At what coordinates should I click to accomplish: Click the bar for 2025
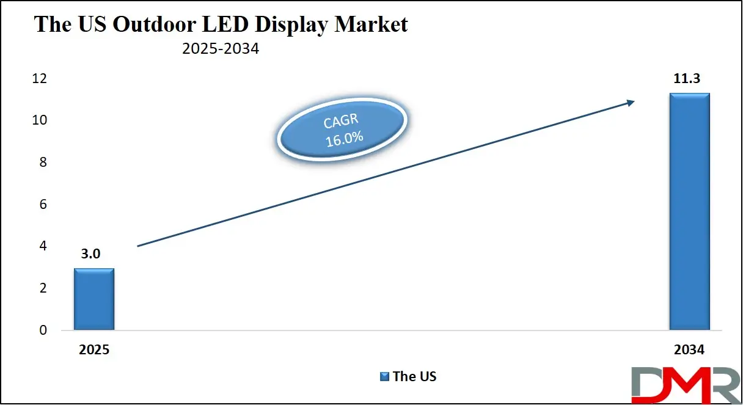pos(94,299)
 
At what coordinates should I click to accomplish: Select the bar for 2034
pos(689,211)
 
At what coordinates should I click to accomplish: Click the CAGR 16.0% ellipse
pos(343,131)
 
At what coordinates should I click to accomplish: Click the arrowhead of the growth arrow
pos(630,103)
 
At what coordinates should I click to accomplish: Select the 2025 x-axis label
pos(93,351)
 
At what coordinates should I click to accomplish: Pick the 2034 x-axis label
pos(689,351)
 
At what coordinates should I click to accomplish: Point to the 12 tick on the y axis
pos(40,79)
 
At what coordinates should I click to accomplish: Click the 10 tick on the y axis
pos(40,120)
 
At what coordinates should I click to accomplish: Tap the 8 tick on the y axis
pos(43,162)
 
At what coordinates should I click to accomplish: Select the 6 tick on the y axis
pos(43,205)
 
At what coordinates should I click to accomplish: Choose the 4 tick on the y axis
pos(43,246)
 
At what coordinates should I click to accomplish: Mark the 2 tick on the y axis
pos(43,288)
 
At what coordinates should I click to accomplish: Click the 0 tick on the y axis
pos(43,330)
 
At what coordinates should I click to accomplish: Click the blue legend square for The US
pos(384,376)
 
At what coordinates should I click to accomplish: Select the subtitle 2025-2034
pos(221,49)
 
